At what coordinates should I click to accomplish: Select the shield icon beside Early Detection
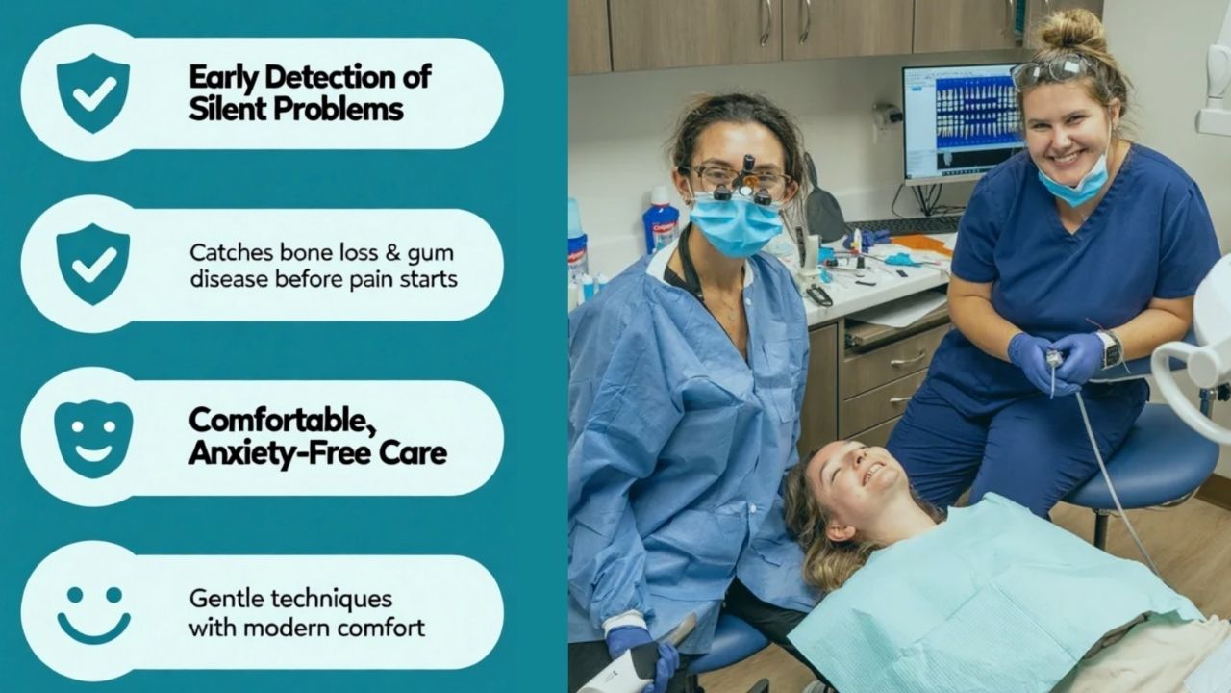[93, 92]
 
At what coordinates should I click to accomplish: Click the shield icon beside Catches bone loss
[93, 264]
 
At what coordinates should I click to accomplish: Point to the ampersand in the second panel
[392, 253]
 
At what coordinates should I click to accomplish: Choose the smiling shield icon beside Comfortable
[93, 438]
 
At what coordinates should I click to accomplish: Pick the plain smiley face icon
[93, 614]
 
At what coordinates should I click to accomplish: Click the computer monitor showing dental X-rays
[963, 125]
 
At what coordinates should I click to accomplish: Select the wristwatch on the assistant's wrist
[1111, 348]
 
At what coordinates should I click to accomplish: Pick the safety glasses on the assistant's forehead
[1052, 71]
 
